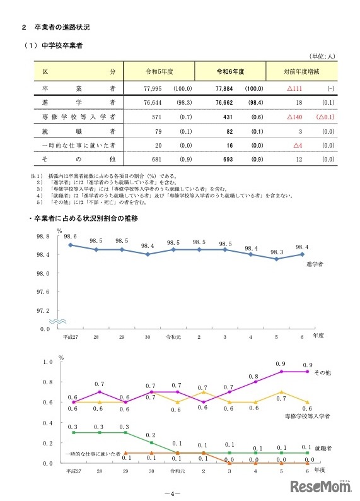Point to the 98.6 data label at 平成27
[70, 237]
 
